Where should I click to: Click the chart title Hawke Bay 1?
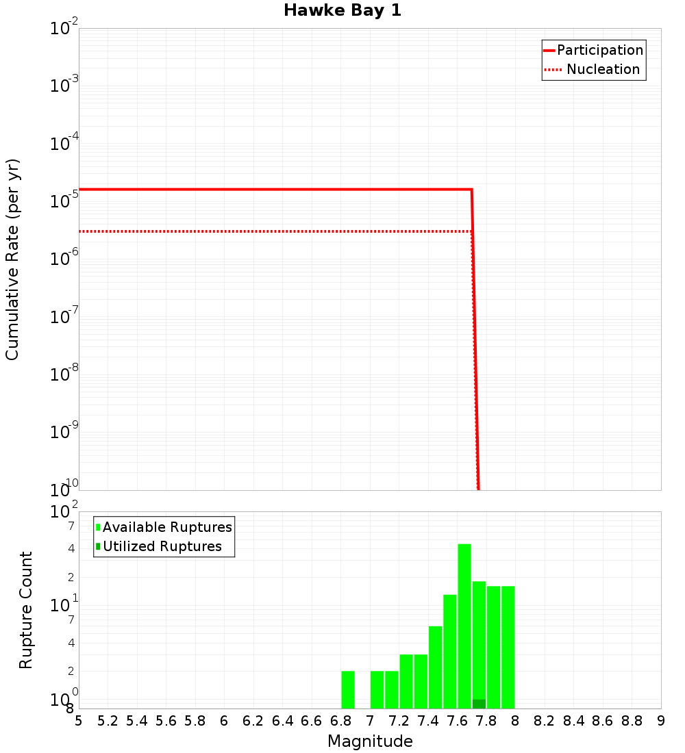pos(342,11)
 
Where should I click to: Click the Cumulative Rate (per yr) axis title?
pos(12,259)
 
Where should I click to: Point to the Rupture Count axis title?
pos(26,609)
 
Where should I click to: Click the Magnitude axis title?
pos(370,741)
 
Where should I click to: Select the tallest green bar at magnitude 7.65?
pos(464,626)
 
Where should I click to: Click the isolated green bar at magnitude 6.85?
pos(348,689)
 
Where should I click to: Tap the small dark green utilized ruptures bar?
pos(479,704)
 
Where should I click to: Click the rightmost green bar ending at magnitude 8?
pos(508,647)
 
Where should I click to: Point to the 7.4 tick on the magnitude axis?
pos(428,721)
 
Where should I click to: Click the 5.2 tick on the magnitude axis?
pos(108,721)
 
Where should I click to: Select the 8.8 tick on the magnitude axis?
pos(632,721)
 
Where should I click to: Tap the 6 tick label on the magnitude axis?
pos(224,721)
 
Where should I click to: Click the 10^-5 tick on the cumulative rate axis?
pos(64,201)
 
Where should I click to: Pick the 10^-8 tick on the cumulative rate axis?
pos(64,374)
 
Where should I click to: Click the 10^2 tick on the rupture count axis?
pos(64,512)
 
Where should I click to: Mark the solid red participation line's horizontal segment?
pos(274,189)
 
